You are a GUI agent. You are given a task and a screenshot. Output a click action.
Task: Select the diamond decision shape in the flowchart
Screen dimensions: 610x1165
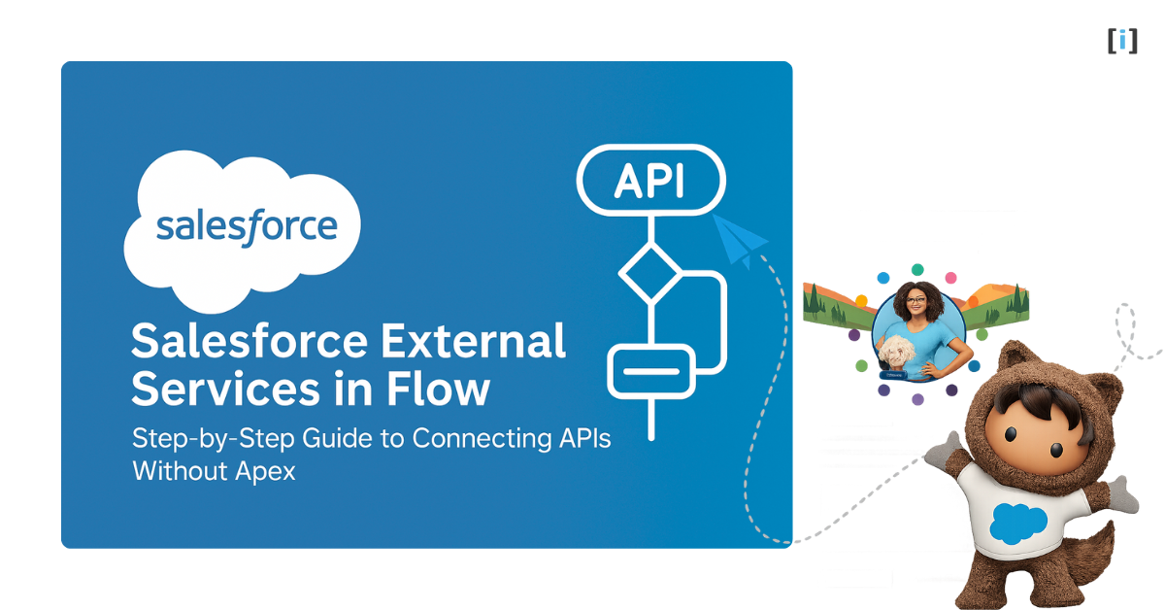[x=650, y=273]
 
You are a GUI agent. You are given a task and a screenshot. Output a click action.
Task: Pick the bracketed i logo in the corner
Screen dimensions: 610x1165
[x=1122, y=41]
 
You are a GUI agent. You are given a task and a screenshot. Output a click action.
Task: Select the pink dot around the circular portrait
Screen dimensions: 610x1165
[x=950, y=277]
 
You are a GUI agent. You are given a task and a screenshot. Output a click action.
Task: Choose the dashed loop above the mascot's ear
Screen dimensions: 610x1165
[x=1126, y=330]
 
